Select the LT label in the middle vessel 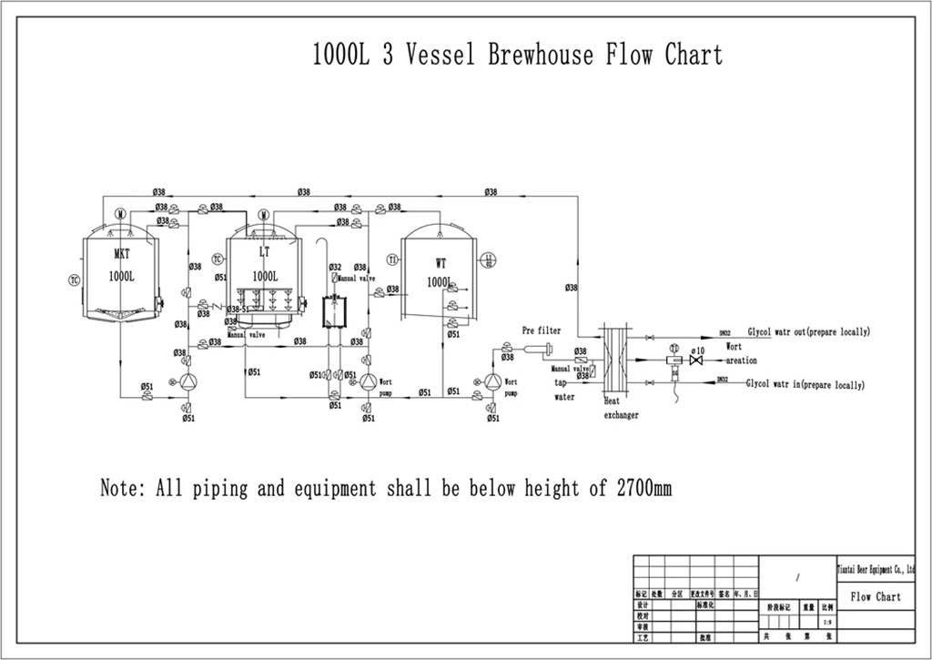263,251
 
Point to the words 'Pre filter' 541,330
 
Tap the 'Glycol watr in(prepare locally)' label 805,385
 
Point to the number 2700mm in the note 643,489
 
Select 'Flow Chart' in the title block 875,596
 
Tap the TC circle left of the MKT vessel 74,279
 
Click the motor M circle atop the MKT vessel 120,215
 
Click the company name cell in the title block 875,569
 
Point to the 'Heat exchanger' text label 621,408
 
